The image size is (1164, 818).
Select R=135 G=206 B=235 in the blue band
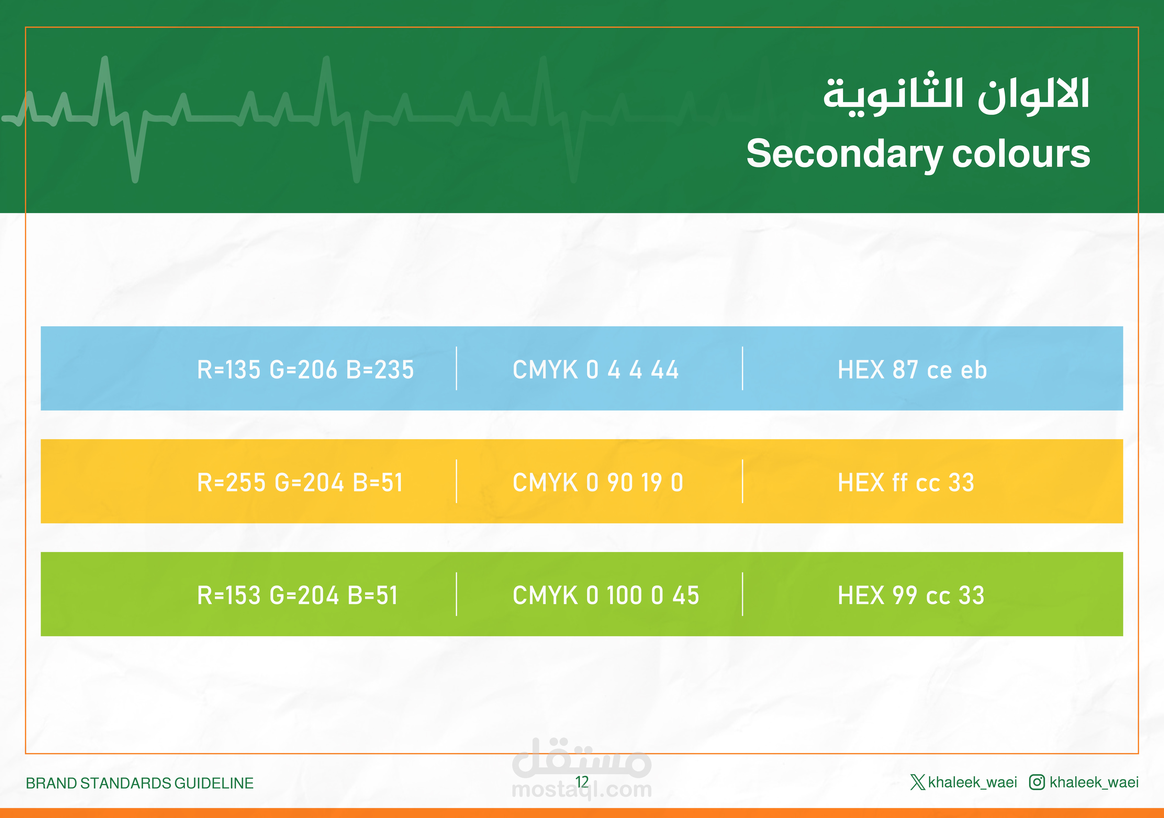[x=305, y=370]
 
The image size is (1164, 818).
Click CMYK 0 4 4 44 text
[x=596, y=370]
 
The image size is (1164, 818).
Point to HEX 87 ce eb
[x=912, y=370]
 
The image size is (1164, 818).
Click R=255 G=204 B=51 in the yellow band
[x=300, y=483]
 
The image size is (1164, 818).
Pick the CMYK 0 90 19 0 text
[x=598, y=483]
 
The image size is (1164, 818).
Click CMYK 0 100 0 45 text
[x=606, y=595]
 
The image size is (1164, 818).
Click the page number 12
[x=582, y=782]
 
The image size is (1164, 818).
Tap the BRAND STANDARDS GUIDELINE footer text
[x=139, y=783]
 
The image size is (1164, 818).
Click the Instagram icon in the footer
[x=1037, y=782]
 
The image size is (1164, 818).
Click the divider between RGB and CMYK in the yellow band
[x=456, y=481]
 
